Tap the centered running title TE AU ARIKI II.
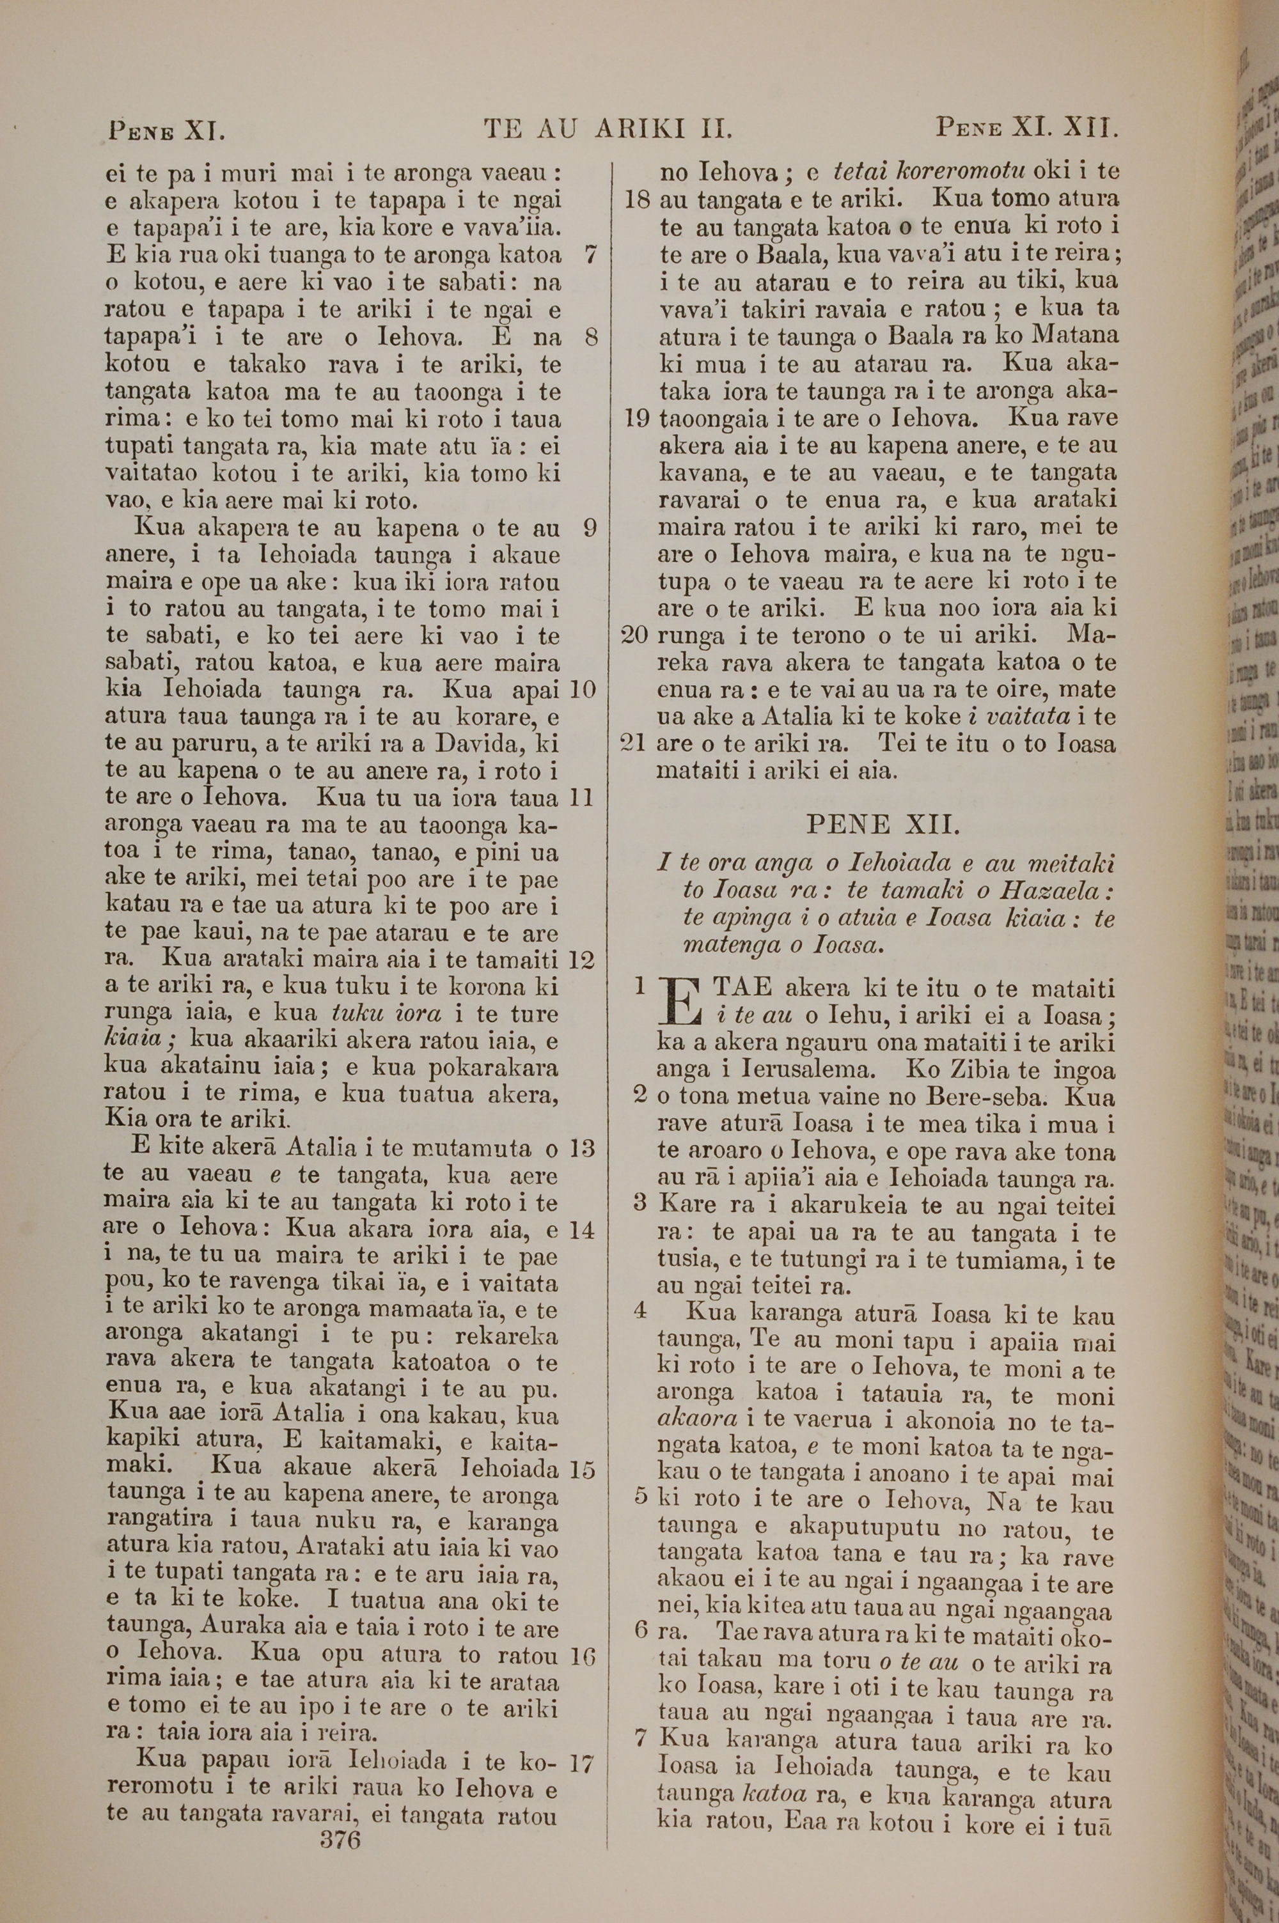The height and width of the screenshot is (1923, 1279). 608,128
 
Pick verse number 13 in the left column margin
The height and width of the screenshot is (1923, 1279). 581,1149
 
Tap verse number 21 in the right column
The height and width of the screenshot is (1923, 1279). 636,744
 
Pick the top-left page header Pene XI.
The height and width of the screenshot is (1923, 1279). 166,130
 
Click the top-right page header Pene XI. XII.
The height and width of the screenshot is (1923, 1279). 1025,128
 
